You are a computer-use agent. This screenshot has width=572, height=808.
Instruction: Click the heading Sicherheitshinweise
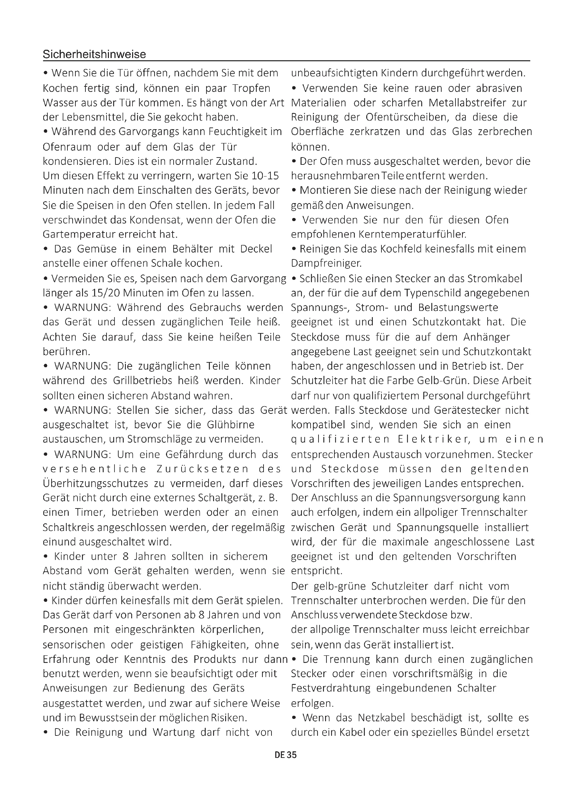point(94,54)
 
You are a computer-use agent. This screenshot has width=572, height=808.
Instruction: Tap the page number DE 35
point(286,754)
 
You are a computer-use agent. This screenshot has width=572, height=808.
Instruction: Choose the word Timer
point(90,512)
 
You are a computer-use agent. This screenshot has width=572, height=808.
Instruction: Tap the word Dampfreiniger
point(326,263)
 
